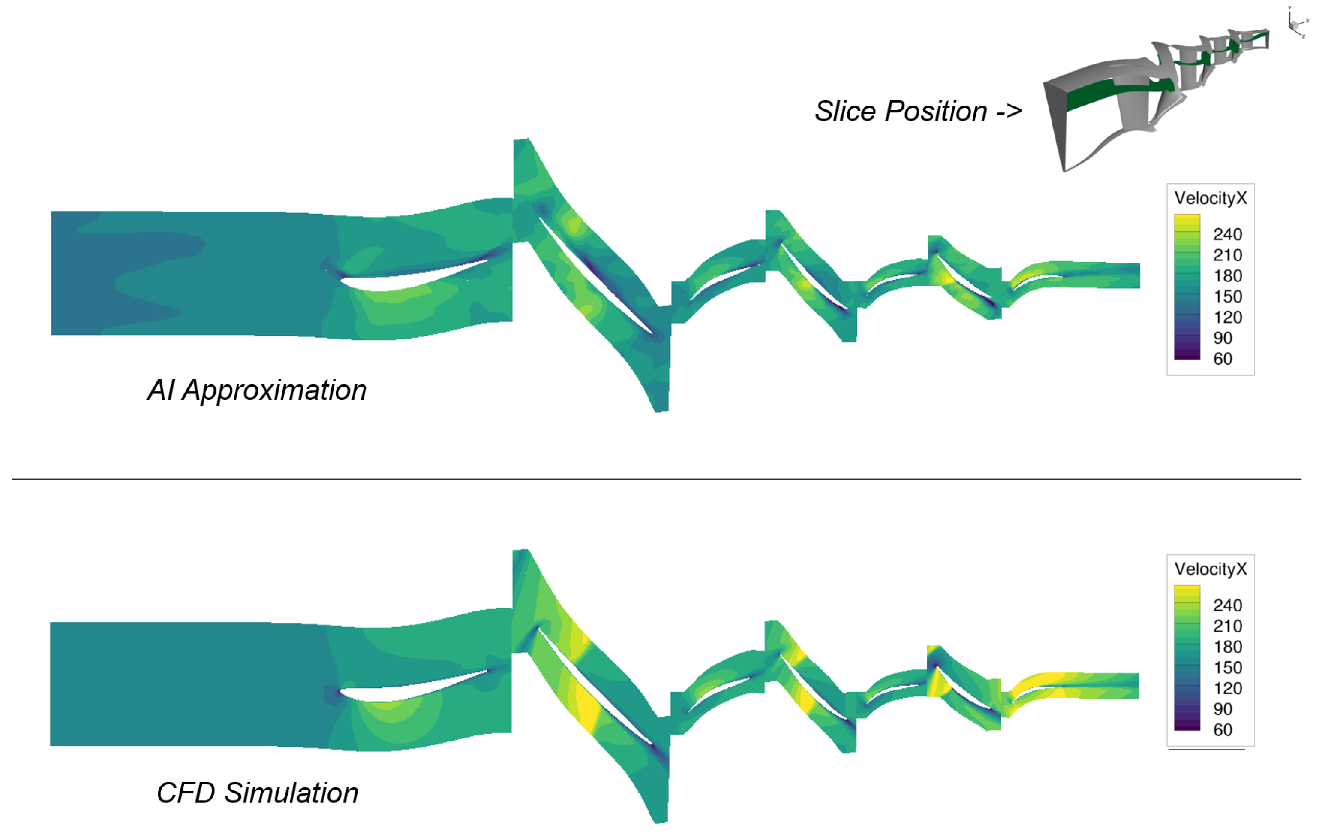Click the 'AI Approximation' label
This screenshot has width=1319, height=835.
pos(257,390)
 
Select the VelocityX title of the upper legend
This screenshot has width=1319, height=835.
pos(1210,198)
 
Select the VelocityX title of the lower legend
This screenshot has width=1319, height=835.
pos(1210,569)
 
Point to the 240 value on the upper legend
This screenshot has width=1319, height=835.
pos(1227,235)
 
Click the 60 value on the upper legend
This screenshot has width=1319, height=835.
pos(1223,359)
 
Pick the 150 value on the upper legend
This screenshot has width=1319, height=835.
pos(1227,296)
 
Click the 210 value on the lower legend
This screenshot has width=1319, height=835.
pos(1227,626)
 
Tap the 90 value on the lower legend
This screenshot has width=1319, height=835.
pos(1223,709)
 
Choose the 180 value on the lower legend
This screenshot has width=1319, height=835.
pos(1227,647)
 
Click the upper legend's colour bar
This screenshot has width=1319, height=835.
pos(1187,287)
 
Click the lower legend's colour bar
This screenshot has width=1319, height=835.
pos(1187,658)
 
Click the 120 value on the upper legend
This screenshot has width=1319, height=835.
pos(1227,318)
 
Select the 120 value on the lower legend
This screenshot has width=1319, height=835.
pos(1227,689)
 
